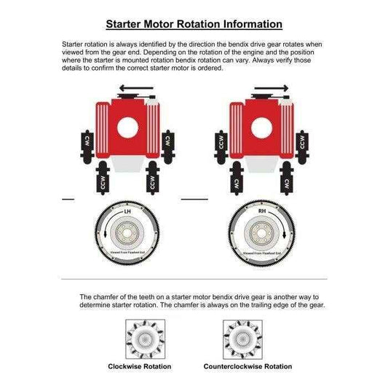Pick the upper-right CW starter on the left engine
coord(170,143)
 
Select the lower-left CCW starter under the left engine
coord(95,183)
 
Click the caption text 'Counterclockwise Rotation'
coord(248,366)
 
